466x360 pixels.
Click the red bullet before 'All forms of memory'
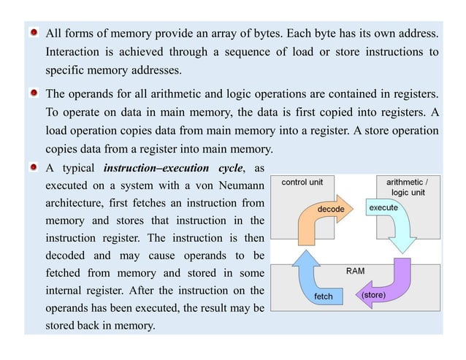click(34, 34)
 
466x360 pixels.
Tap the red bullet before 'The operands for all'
click(34, 94)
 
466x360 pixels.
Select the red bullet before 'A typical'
click(34, 168)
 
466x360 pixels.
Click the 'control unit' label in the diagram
click(308, 181)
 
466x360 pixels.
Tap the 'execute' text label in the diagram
click(383, 208)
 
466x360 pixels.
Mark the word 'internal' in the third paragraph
click(68, 291)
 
